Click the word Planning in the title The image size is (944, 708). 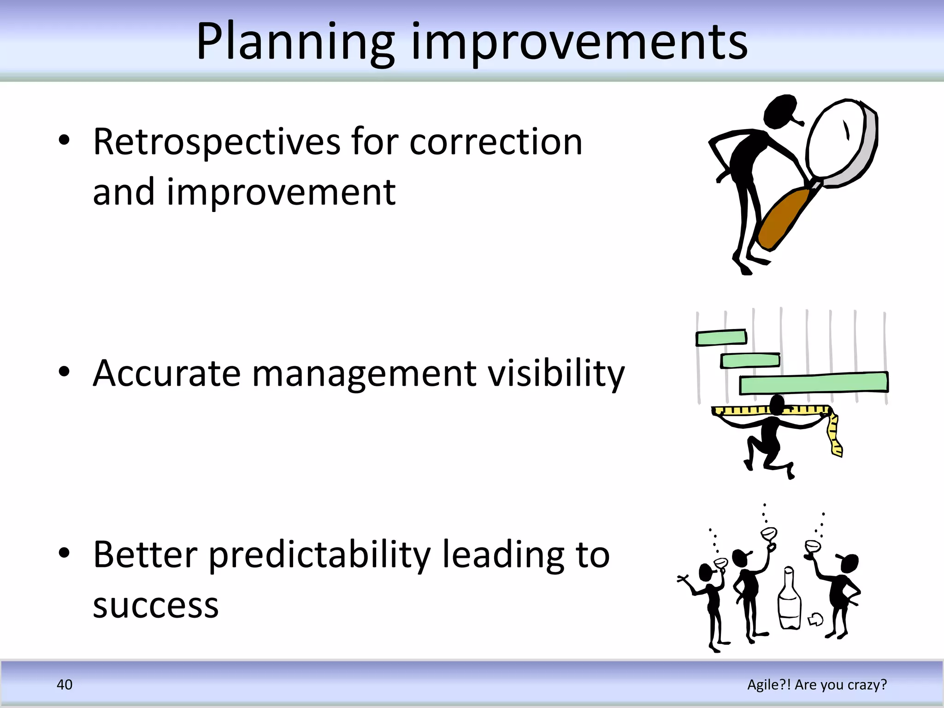click(295, 42)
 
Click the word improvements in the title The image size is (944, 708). click(579, 42)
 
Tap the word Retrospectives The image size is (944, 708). click(217, 142)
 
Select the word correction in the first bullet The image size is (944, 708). click(496, 142)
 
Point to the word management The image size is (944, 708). click(364, 373)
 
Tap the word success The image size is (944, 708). click(155, 605)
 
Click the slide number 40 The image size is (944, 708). click(64, 684)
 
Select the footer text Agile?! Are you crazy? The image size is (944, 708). click(817, 684)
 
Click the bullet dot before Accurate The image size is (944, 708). click(64, 372)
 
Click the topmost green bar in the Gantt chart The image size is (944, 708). click(721, 337)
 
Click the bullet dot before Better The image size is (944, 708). click(64, 553)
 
